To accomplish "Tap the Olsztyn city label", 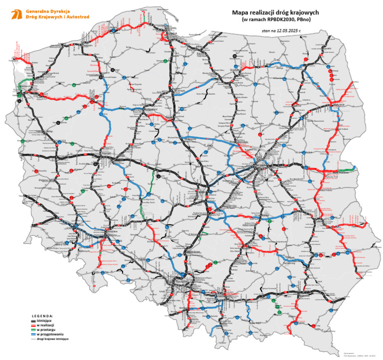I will tap(234, 70).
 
